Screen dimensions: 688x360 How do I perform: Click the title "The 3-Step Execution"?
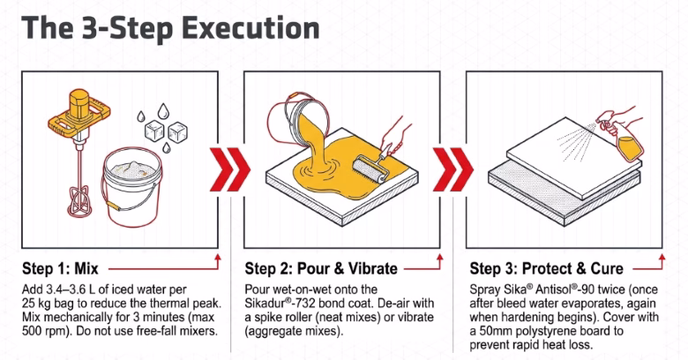click(x=170, y=28)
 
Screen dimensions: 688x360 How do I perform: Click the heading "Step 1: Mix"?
click(x=60, y=268)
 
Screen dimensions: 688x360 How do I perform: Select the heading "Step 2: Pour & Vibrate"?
click(x=321, y=268)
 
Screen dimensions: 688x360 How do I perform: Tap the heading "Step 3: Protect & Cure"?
click(x=546, y=268)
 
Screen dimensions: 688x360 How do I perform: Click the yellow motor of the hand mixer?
click(x=79, y=103)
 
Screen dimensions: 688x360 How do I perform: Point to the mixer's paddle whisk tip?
click(x=80, y=203)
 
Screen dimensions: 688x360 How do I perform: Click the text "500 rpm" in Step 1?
click(x=43, y=331)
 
